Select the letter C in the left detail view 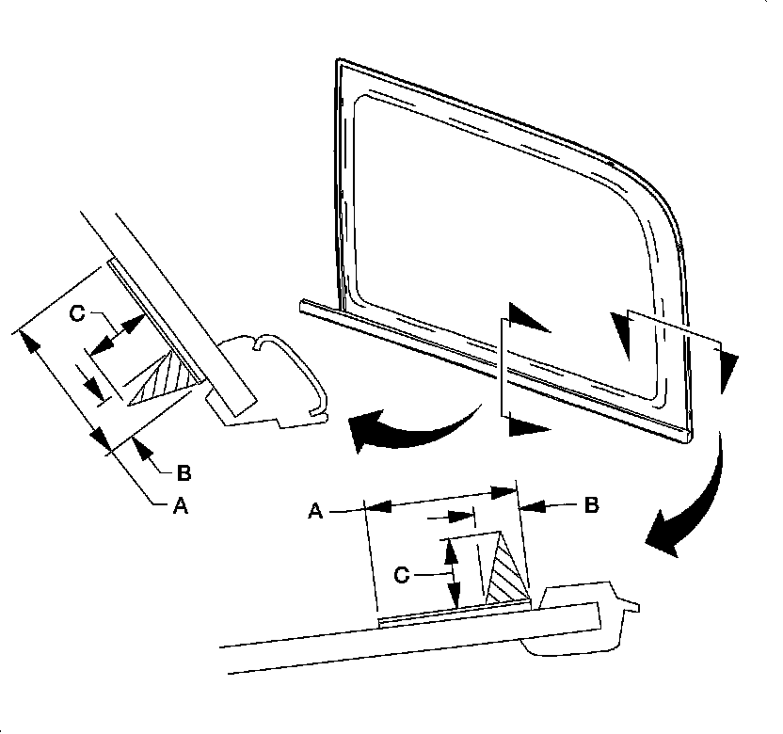(78, 313)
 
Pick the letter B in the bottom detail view (590, 505)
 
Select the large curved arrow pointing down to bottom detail (692, 508)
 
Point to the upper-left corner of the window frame (339, 62)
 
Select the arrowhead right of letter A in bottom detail (378, 506)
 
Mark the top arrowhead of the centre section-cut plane (527, 319)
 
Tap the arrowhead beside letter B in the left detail (144, 453)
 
